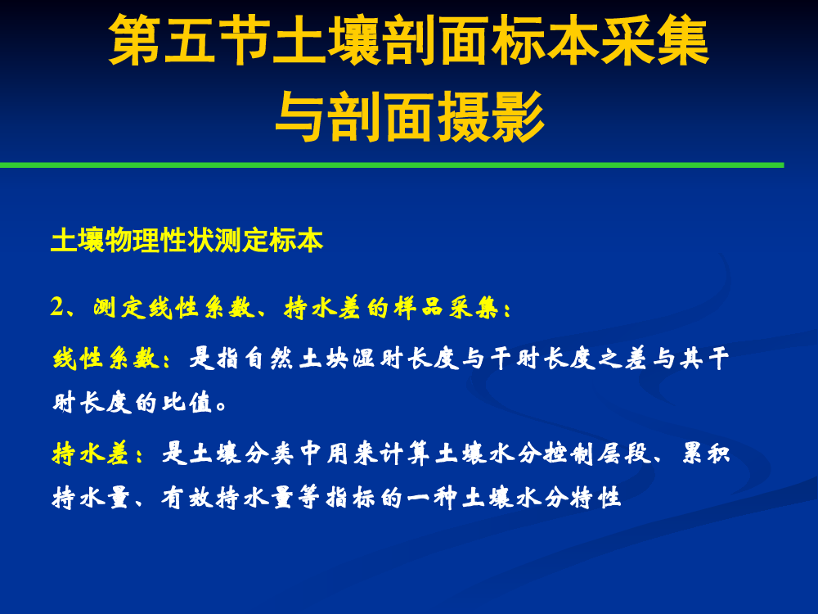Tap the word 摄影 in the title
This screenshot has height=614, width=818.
490,116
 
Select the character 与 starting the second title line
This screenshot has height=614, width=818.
301,116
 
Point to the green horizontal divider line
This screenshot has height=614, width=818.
392,165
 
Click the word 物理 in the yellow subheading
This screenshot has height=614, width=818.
133,240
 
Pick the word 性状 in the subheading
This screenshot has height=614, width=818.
187,240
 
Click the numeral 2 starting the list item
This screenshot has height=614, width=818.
56,306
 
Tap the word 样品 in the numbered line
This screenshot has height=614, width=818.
418,308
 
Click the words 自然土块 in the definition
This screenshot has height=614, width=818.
296,359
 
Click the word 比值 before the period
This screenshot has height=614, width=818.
187,403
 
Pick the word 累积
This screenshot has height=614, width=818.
705,453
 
